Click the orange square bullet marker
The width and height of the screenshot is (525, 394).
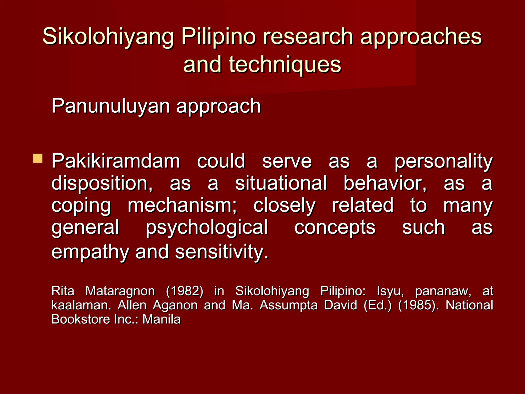[38, 159]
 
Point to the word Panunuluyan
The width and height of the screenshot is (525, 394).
[110, 106]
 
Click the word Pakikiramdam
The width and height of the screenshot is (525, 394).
[116, 161]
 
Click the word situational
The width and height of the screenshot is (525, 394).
[281, 183]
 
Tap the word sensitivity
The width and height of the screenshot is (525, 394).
[222, 252]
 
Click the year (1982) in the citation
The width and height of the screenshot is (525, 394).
[185, 291]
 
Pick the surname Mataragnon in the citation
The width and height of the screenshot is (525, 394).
[120, 291]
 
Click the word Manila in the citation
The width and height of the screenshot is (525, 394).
[161, 319]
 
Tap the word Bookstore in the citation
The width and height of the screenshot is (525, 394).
[81, 319]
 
